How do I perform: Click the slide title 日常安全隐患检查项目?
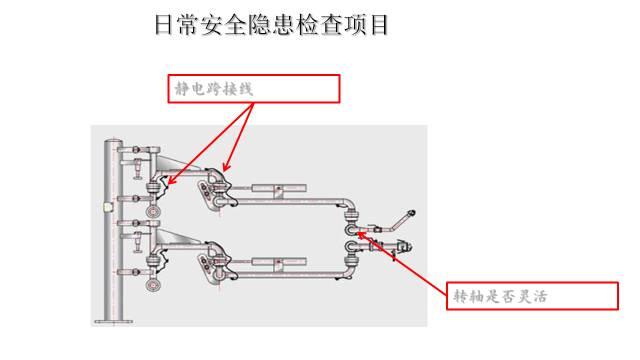(x=271, y=25)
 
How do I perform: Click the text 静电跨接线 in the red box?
(x=213, y=89)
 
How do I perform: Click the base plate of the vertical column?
(x=112, y=321)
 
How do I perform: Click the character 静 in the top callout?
(x=182, y=89)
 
